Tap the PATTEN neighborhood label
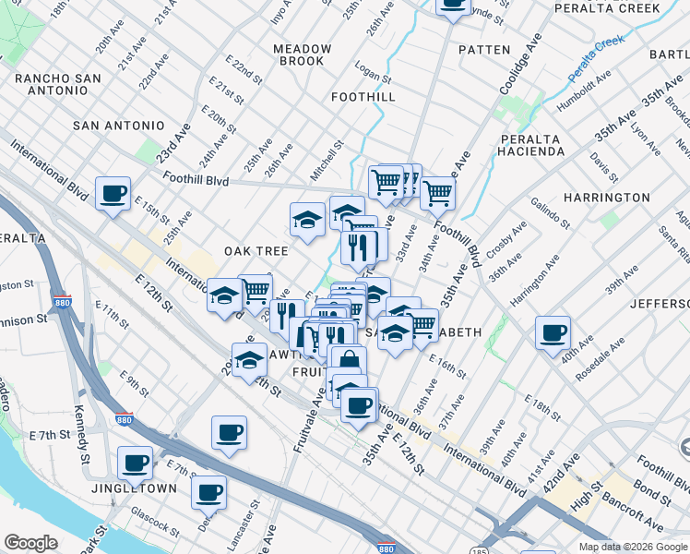tap(482, 49)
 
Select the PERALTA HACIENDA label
tap(531, 144)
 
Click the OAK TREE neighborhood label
tap(256, 251)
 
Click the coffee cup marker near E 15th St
tap(113, 194)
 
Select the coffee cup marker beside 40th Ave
tap(553, 333)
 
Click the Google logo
tap(30, 544)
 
